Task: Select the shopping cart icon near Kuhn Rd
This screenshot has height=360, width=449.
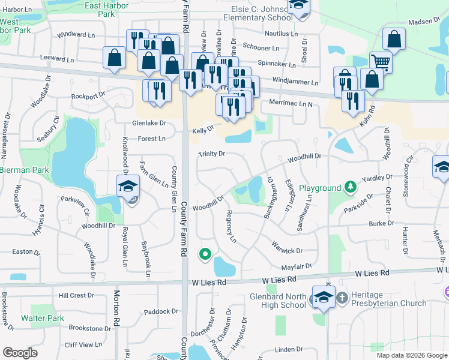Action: click(381, 61)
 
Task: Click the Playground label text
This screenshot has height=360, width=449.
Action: click(320, 188)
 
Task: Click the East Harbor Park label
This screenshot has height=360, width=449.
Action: click(107, 9)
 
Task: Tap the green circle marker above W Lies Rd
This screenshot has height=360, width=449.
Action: click(205, 254)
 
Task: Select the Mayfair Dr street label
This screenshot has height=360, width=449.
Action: click(297, 266)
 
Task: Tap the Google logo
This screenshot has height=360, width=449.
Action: click(20, 353)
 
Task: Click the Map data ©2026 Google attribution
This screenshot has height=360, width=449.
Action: click(411, 355)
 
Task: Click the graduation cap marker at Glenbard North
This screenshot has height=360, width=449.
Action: click(324, 297)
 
